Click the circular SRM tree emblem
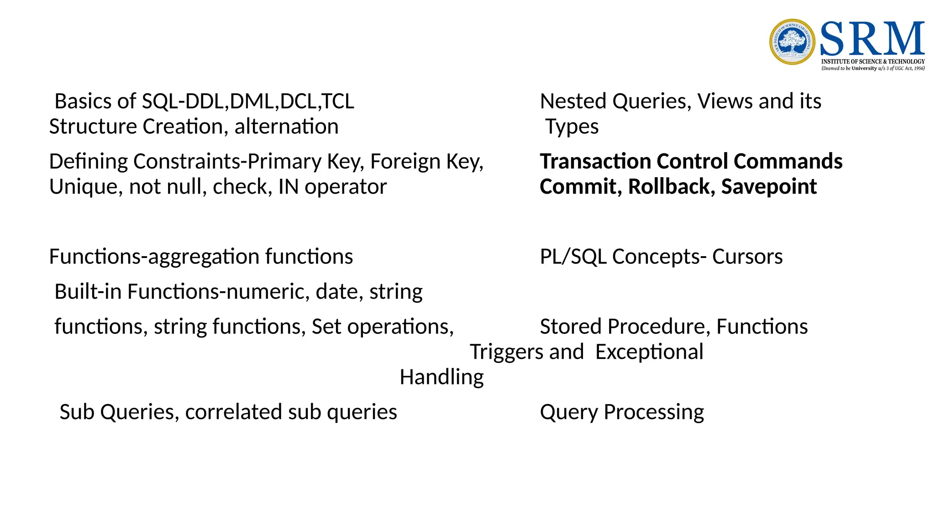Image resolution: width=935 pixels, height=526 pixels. click(792, 42)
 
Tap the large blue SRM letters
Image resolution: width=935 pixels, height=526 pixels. click(872, 39)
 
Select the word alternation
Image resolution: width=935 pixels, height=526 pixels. click(286, 126)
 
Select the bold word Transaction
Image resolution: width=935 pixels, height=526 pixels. click(595, 162)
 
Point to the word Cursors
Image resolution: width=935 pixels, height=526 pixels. click(747, 257)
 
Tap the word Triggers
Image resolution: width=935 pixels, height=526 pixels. click(506, 352)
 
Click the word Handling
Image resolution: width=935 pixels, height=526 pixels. click(441, 378)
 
